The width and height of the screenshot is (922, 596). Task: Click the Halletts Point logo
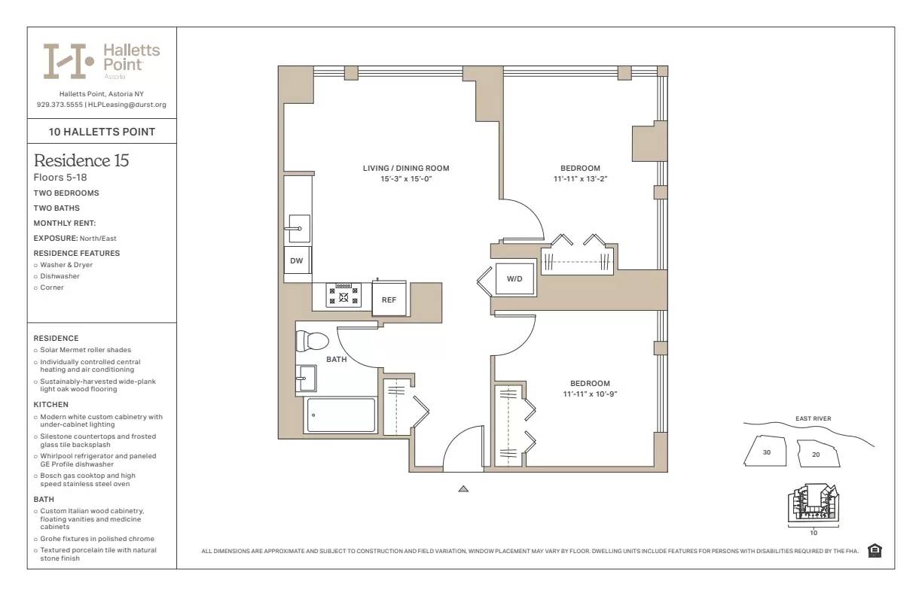pos(101,61)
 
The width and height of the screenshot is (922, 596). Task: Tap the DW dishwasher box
pos(297,260)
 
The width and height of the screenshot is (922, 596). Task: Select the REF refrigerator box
pos(389,299)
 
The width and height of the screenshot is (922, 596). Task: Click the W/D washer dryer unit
pos(514,278)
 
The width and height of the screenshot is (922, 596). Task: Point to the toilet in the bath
pos(311,341)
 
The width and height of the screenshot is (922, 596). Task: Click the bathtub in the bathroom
pos(340,415)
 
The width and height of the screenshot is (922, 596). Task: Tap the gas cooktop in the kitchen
pos(343,294)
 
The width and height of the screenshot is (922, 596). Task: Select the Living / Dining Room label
pos(406,169)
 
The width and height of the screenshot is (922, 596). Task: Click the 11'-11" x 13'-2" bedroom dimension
pos(580,179)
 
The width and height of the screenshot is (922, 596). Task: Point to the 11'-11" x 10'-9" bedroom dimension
pos(590,394)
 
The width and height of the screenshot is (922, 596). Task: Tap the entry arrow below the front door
pos(463,489)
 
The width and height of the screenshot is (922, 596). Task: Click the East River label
pos(813,419)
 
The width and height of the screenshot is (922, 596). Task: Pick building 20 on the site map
pos(816,454)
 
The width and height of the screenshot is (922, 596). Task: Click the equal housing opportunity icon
pos(875,551)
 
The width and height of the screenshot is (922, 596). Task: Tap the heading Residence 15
pos(81,160)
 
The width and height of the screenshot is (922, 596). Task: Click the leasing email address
pos(127,105)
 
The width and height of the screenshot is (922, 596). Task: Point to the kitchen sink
pos(298,227)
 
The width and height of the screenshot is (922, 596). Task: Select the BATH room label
pos(336,360)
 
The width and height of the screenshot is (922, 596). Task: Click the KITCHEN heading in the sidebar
pos(50,405)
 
